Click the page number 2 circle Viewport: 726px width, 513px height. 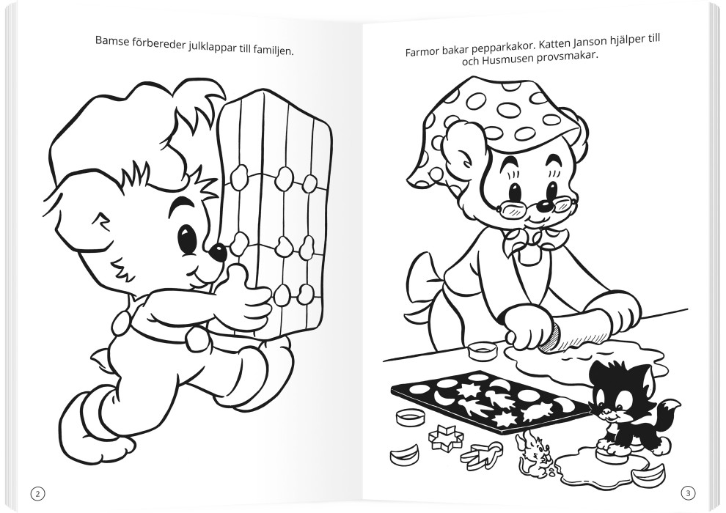(38, 493)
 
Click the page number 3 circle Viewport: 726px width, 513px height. (688, 493)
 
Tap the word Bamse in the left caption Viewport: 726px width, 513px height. (110, 41)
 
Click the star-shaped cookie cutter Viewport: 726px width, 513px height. (445, 436)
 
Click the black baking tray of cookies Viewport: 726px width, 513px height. (491, 402)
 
